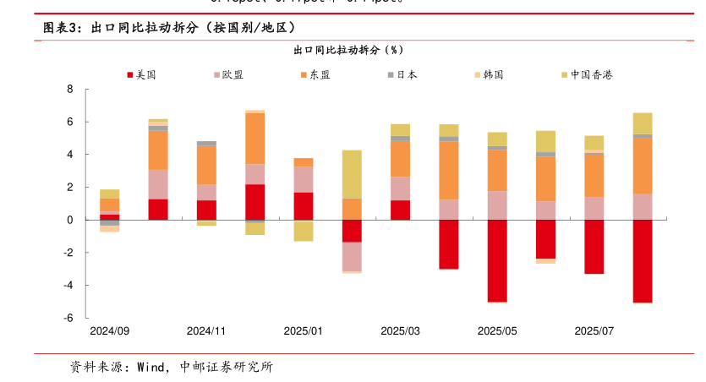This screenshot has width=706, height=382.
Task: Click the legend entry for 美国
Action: pyautogui.click(x=141, y=74)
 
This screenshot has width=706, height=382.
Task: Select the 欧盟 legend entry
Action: pyautogui.click(x=227, y=74)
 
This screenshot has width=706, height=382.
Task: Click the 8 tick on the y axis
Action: pyautogui.click(x=70, y=90)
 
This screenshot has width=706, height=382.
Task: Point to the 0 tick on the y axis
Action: pyautogui.click(x=70, y=220)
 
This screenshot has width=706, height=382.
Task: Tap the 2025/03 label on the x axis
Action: pyautogui.click(x=400, y=331)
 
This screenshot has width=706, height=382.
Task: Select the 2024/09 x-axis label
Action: pyautogui.click(x=109, y=331)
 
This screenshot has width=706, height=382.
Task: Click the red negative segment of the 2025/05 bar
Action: pyautogui.click(x=497, y=260)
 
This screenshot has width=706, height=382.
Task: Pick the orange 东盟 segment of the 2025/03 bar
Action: pyautogui.click(x=400, y=159)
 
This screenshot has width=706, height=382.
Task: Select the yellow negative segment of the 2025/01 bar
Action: pyautogui.click(x=304, y=231)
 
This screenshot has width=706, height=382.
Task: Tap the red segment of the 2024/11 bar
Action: pyautogui.click(x=206, y=210)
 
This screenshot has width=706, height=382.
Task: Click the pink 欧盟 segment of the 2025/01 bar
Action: pyautogui.click(x=304, y=179)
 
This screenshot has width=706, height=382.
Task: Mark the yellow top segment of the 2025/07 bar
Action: pyautogui.click(x=594, y=142)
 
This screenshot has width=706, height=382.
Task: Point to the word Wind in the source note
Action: pyautogui.click(x=150, y=367)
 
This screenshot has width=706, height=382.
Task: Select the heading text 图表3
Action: pyautogui.click(x=62, y=28)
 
